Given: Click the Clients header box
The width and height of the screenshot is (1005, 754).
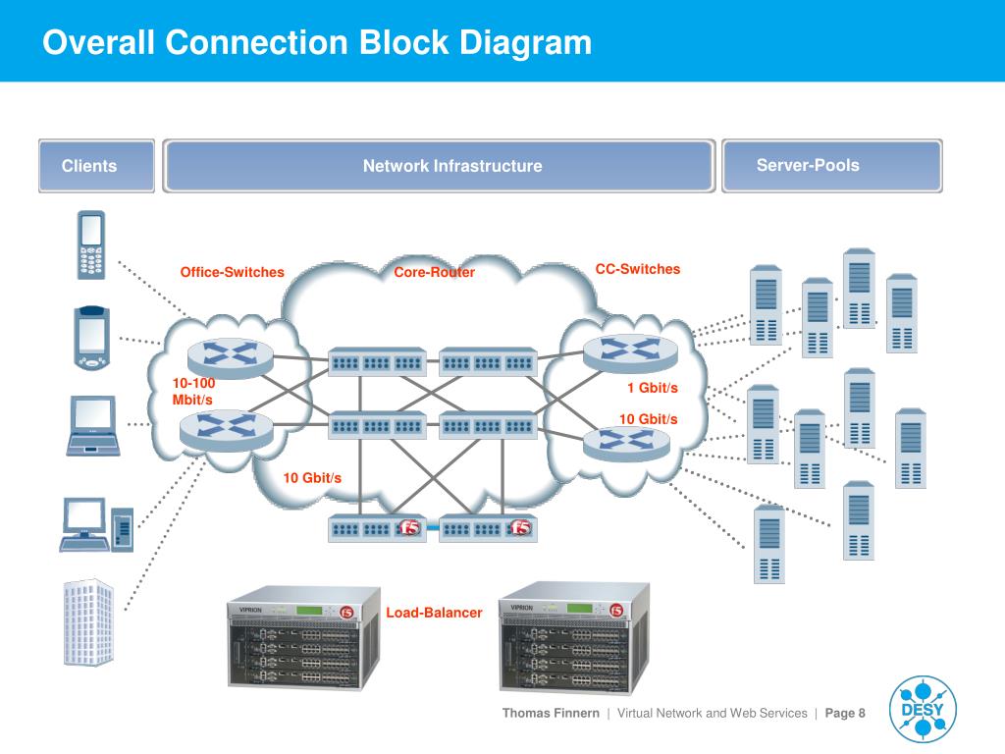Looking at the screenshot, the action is point(96,165).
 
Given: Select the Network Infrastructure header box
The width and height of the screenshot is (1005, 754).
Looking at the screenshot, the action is point(439,165).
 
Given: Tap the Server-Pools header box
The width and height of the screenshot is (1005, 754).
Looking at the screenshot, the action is point(832,165).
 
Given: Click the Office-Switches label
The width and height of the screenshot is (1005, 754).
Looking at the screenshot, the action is point(232,272).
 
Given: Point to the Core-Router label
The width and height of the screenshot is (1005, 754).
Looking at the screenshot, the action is point(434,272).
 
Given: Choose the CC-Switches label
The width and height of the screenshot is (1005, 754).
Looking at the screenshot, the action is point(638,269).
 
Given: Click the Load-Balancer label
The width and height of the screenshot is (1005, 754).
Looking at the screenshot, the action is point(434,613).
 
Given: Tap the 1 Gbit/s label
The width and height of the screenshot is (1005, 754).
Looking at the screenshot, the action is point(653,387).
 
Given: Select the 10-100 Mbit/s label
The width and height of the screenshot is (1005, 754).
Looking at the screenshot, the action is point(193,391).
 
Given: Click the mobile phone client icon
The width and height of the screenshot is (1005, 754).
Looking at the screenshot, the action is point(91,244).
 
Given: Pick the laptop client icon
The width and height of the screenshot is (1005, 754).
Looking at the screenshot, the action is point(93,426).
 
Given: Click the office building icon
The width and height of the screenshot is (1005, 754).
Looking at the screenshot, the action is point(88,621).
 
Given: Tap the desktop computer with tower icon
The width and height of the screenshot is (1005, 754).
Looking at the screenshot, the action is point(97,524).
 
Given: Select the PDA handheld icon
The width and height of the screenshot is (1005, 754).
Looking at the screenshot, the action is point(91,338).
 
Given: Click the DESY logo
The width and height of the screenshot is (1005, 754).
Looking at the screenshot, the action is point(923,709).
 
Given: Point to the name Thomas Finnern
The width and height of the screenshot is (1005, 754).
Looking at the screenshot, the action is point(551,713).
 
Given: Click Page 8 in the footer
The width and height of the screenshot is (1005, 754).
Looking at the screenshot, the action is point(845,713).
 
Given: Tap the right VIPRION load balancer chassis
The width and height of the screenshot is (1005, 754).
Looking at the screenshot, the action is point(574,638).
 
